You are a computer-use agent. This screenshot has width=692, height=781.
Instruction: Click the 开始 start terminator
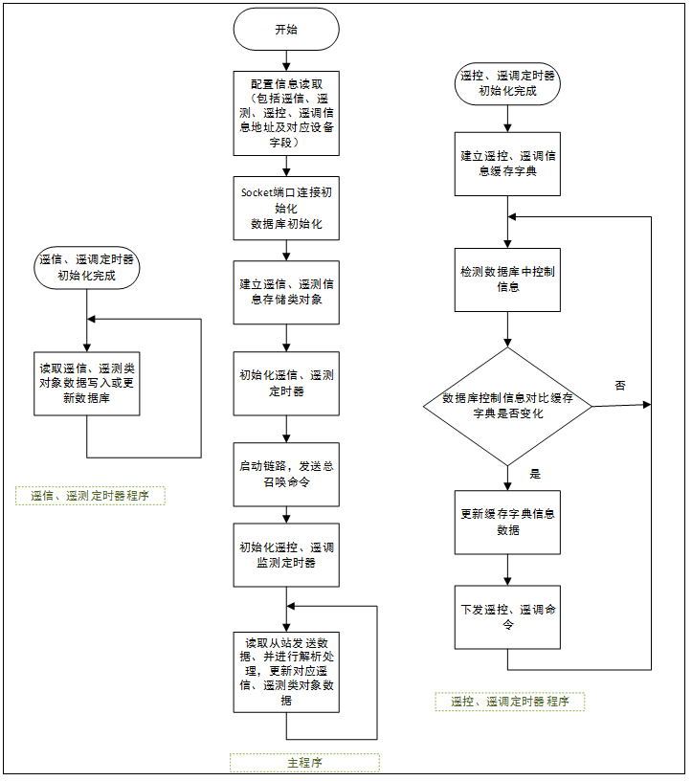click(x=286, y=30)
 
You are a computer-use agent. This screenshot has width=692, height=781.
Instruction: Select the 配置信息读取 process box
click(x=286, y=113)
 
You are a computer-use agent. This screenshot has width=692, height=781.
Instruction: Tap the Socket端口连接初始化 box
click(x=286, y=207)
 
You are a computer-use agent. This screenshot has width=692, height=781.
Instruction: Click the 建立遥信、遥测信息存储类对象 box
click(x=286, y=292)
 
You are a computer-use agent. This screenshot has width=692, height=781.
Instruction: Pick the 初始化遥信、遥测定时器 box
click(x=286, y=383)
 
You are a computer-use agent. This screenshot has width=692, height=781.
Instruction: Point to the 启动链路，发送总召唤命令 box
click(x=286, y=474)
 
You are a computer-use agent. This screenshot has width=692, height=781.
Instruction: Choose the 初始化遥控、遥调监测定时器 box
click(x=286, y=554)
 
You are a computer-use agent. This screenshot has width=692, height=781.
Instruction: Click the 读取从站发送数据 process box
click(x=286, y=670)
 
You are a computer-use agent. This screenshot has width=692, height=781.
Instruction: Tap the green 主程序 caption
click(x=304, y=763)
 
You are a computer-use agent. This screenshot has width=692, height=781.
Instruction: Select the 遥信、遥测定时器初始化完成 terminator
click(x=86, y=266)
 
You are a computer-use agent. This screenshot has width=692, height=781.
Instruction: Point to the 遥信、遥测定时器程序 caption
click(x=90, y=496)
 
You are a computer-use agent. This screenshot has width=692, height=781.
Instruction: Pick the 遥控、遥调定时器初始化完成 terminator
click(x=507, y=83)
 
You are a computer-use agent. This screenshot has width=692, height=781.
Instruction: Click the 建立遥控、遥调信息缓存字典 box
click(x=507, y=163)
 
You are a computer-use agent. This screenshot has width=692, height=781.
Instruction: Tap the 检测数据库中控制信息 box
click(x=507, y=279)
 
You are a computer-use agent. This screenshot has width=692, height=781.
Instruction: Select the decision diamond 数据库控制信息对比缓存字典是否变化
click(x=507, y=406)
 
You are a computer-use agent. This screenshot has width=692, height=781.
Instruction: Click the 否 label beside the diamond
click(x=620, y=385)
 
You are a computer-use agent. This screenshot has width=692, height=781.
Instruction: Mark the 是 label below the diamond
click(x=535, y=474)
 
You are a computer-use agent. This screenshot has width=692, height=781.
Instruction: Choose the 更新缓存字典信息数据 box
click(x=507, y=522)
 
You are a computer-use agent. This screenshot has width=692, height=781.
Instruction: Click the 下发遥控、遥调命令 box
click(x=507, y=617)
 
